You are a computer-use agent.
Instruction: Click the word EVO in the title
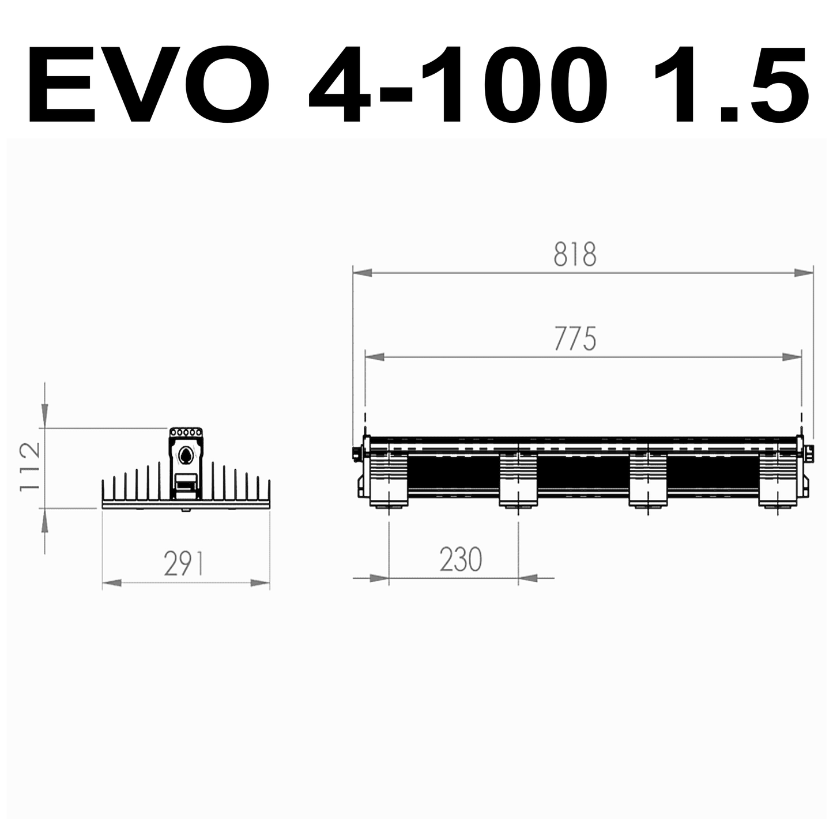[149, 85]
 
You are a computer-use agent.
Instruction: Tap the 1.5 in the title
[732, 85]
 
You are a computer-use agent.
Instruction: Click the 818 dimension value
[575, 254]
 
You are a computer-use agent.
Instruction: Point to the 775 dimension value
[575, 339]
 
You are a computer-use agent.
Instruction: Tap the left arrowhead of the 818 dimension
[362, 273]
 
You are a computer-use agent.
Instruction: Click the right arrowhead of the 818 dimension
[804, 273]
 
